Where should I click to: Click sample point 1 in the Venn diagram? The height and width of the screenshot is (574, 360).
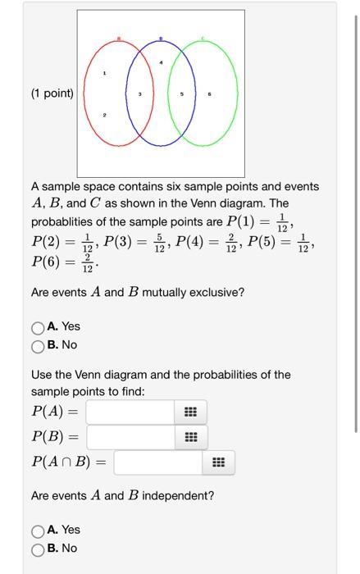pyautogui.click(x=104, y=75)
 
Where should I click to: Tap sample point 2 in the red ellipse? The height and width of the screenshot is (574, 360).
pyautogui.click(x=104, y=117)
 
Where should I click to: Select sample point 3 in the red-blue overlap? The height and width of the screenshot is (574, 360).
pyautogui.click(x=139, y=96)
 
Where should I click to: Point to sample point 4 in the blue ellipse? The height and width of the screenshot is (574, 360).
pyautogui.click(x=162, y=62)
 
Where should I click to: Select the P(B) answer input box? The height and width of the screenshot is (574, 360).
pyautogui.click(x=130, y=437)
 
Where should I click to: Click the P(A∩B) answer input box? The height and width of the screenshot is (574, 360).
pyautogui.click(x=158, y=463)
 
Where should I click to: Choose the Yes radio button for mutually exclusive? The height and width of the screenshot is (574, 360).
pyautogui.click(x=38, y=327)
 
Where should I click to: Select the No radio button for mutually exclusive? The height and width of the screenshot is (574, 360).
pyautogui.click(x=38, y=345)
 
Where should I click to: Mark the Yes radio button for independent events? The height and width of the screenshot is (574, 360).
pyautogui.click(x=38, y=531)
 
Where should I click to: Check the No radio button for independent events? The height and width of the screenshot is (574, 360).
pyautogui.click(x=38, y=549)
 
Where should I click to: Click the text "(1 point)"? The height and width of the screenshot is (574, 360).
pyautogui.click(x=52, y=93)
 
